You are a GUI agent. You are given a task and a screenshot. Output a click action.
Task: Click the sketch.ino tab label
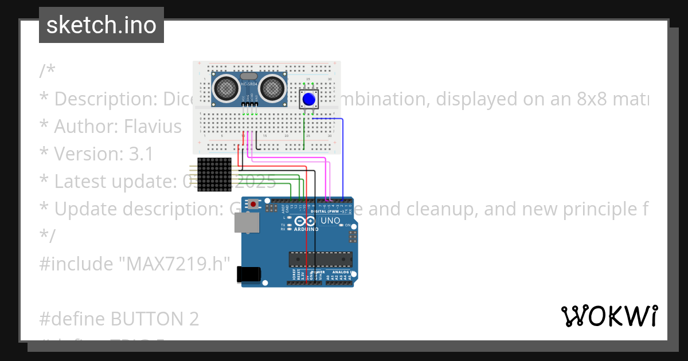tap(101, 25)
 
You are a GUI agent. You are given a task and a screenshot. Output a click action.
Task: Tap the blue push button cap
tap(309, 99)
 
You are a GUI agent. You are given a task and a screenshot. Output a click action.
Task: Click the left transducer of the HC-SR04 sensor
tap(226, 88)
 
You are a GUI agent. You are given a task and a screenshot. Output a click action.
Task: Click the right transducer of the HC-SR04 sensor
tap(273, 88)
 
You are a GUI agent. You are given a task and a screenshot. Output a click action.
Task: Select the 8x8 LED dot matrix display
tap(214, 175)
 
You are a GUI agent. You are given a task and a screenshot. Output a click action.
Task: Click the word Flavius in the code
tap(153, 126)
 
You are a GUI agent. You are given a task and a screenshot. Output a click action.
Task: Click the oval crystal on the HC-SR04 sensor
tap(249, 76)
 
